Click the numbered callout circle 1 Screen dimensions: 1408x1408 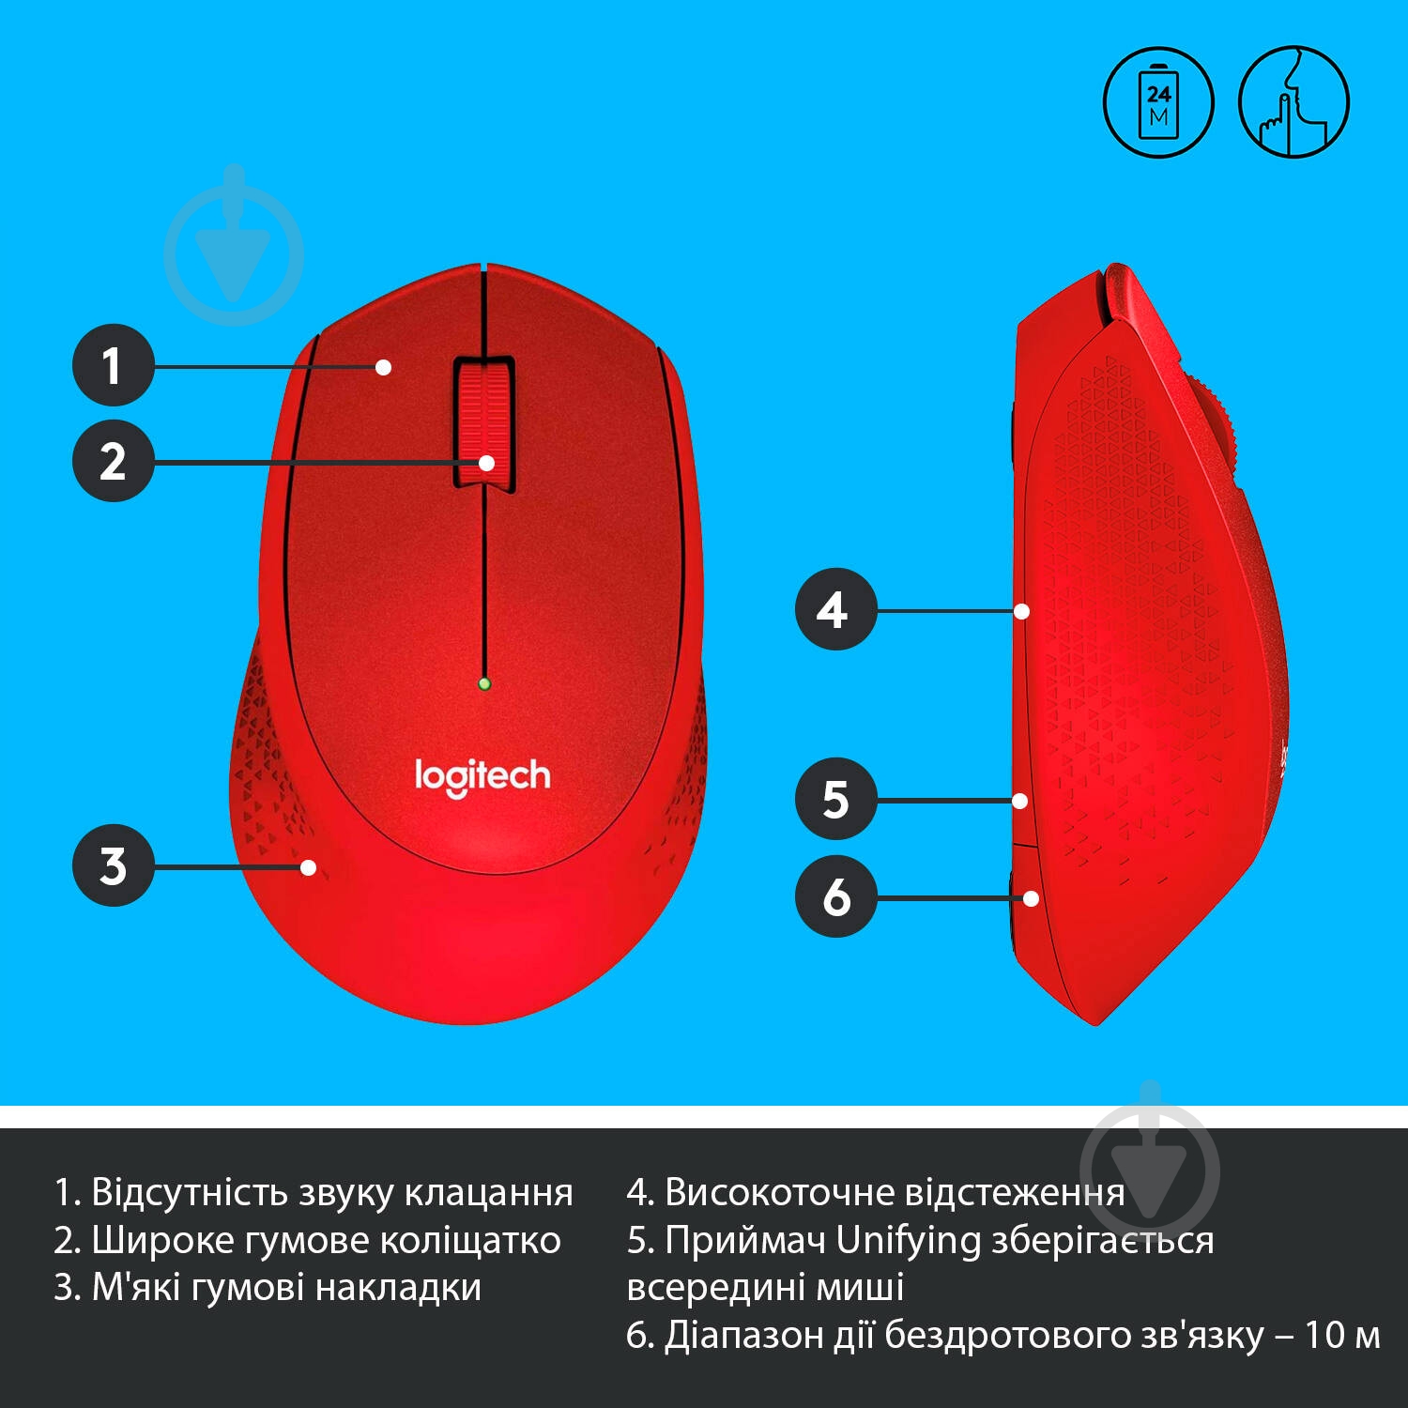point(114,365)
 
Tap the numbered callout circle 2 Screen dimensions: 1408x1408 point(114,461)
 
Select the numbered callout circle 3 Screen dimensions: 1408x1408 point(114,865)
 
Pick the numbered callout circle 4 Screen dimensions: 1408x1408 point(835,609)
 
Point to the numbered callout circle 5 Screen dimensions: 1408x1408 point(835,799)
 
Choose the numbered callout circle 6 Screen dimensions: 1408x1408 point(835,896)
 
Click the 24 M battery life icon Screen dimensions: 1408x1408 point(1158,102)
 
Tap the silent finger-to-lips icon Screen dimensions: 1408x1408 point(1293,102)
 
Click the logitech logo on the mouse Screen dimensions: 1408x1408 point(482,777)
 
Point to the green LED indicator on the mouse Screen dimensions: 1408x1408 point(484,683)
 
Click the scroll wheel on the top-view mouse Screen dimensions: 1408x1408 point(484,422)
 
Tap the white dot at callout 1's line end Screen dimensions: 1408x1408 point(383,367)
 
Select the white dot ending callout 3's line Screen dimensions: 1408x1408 point(309,867)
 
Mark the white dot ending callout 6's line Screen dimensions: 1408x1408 point(1031,898)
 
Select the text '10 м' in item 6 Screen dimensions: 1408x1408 point(1342,1335)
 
